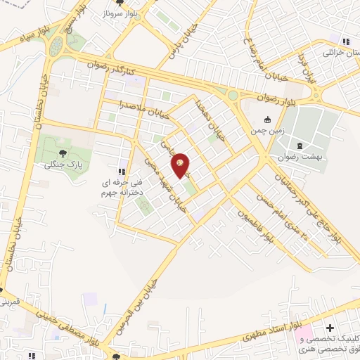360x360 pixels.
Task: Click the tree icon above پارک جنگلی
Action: click(63, 152)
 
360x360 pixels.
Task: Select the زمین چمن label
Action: click(266, 131)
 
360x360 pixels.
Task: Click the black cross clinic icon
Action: click(330, 328)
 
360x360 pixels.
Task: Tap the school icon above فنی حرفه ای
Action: click(121, 171)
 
